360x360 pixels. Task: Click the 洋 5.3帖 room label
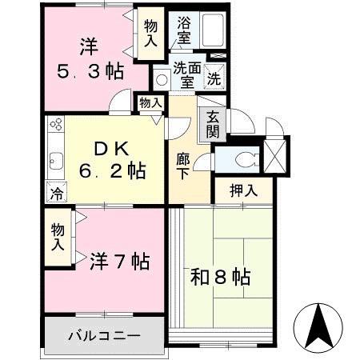point(90,58)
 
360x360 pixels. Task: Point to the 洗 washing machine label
point(214,79)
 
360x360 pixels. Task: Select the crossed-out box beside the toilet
point(275,154)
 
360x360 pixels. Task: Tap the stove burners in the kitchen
point(56,126)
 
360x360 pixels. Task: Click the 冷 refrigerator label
point(55,193)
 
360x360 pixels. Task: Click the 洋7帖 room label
point(119,261)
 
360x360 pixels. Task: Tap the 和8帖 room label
point(220,278)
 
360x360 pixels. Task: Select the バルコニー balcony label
point(104,334)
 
